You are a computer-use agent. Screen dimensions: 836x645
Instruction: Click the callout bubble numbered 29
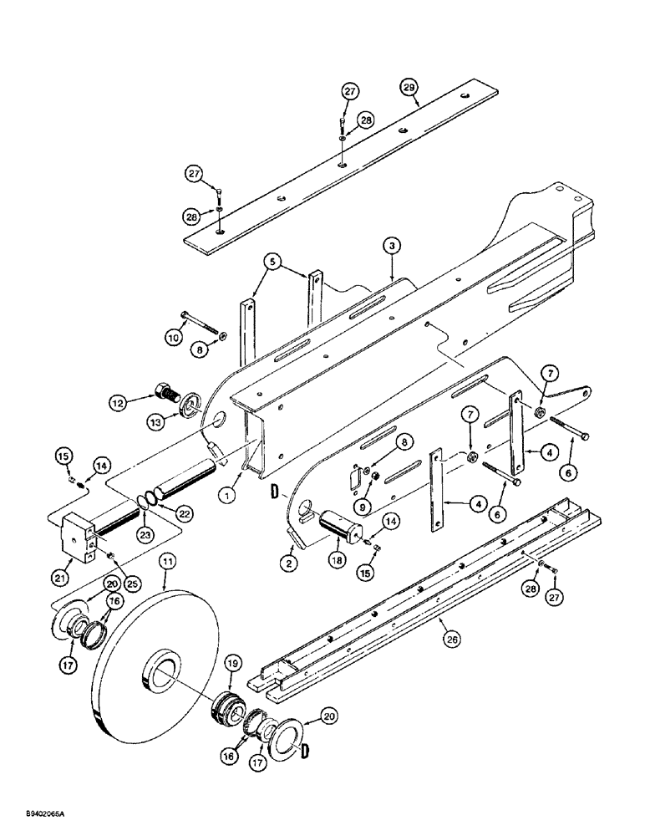(x=408, y=88)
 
